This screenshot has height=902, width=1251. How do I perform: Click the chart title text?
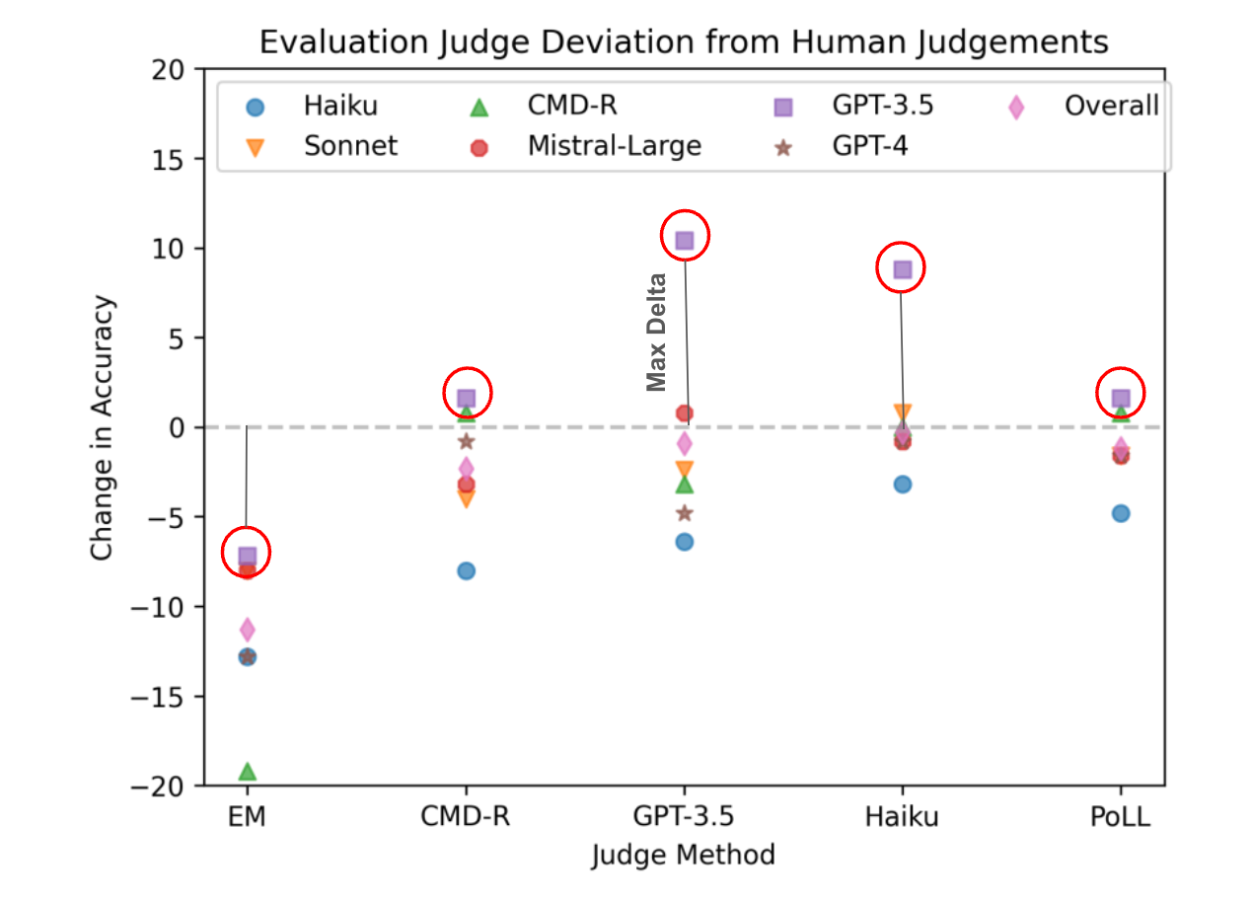[x=683, y=42]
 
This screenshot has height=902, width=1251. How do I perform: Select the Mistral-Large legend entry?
[x=614, y=146]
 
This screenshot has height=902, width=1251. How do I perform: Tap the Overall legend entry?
[x=1111, y=107]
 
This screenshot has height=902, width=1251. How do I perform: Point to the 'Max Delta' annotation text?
[x=657, y=332]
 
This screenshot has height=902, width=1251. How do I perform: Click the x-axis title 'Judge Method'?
[x=683, y=855]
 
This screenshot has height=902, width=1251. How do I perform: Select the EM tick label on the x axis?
[x=247, y=818]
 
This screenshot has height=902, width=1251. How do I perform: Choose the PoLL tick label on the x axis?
[x=1120, y=818]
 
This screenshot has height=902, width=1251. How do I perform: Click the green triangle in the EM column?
[x=247, y=771]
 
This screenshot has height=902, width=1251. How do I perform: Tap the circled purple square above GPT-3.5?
[x=685, y=240]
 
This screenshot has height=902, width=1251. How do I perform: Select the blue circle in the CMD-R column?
[x=466, y=570]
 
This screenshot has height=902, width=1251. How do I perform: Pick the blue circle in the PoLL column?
[x=1120, y=513]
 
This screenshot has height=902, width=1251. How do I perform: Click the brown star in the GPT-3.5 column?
[x=685, y=513]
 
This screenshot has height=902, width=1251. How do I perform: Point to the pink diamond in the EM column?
[x=247, y=630]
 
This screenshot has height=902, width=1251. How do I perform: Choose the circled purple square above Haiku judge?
[x=902, y=268]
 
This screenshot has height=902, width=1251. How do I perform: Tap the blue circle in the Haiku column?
[x=902, y=484]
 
